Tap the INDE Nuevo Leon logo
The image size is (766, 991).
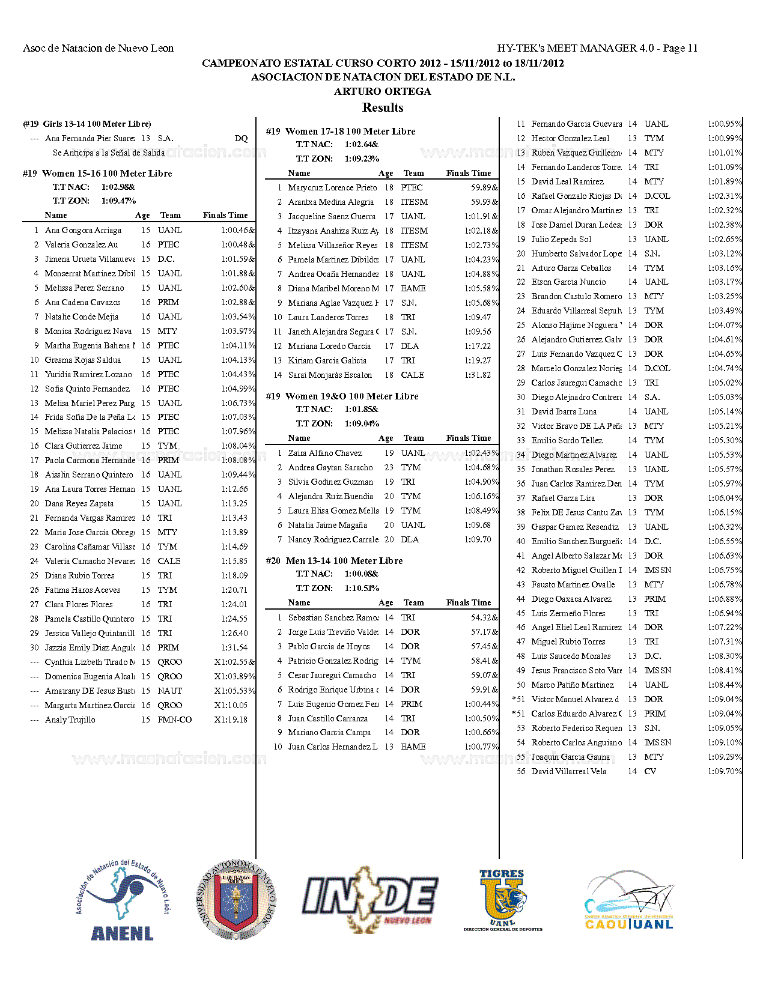[369, 899]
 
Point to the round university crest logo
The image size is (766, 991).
[236, 900]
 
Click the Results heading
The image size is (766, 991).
[383, 108]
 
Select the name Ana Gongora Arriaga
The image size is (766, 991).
[83, 230]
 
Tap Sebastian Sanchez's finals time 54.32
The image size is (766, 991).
[484, 617]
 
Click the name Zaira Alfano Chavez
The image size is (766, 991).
[325, 453]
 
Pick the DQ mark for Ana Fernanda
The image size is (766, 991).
[241, 138]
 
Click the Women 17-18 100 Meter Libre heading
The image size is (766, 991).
[341, 131]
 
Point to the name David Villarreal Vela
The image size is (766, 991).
[568, 771]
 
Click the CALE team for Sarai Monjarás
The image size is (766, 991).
[412, 375]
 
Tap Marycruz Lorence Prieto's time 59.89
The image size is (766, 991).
[484, 187]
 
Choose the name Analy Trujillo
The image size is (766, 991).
[70, 720]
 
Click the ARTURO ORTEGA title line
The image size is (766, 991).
[383, 91]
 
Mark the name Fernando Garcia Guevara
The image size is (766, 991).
[576, 124]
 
